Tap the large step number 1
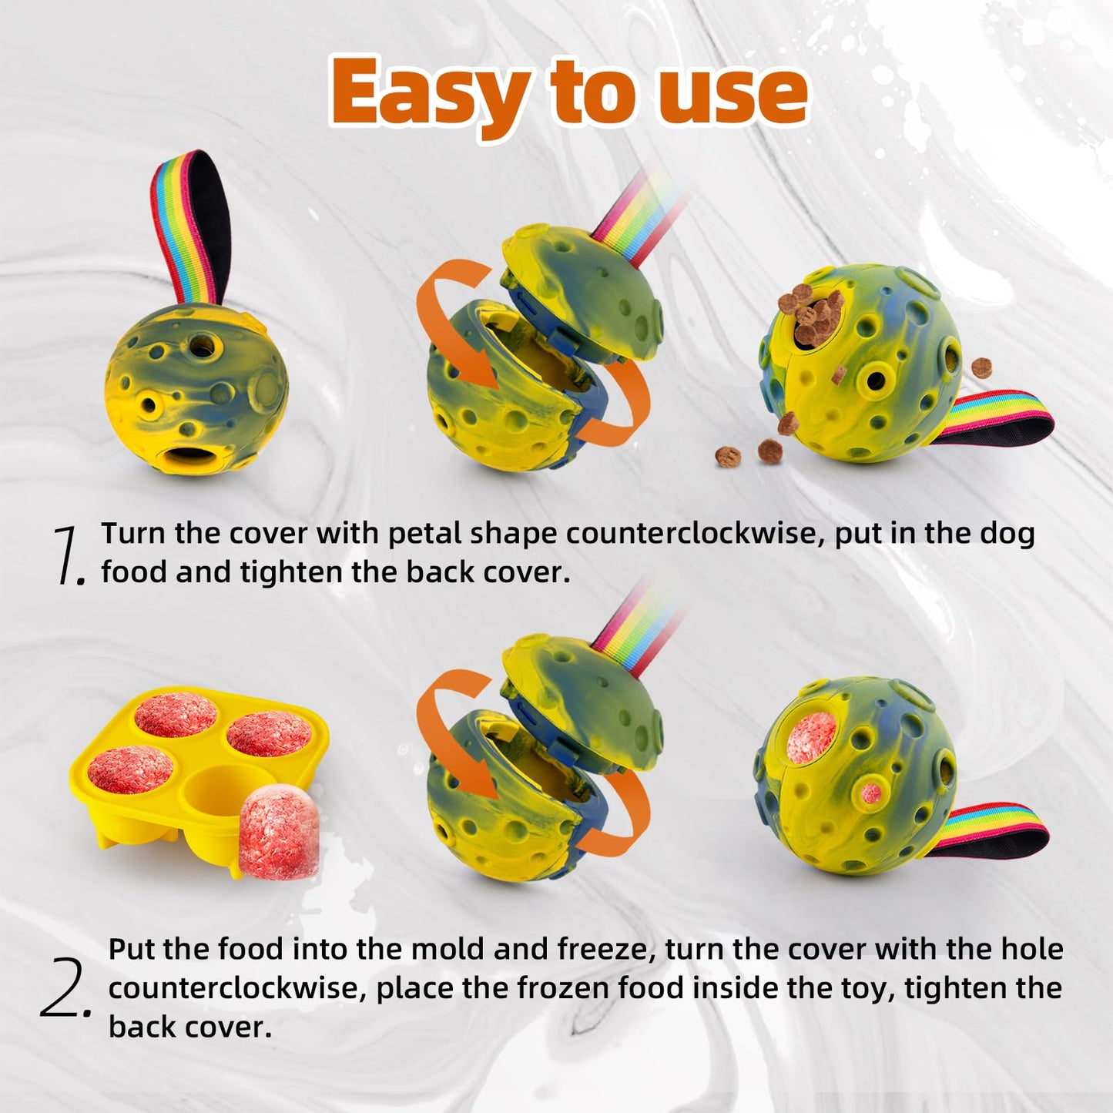[x=68, y=555]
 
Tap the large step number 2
[x=65, y=990]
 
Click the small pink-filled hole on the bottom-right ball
[x=871, y=794]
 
